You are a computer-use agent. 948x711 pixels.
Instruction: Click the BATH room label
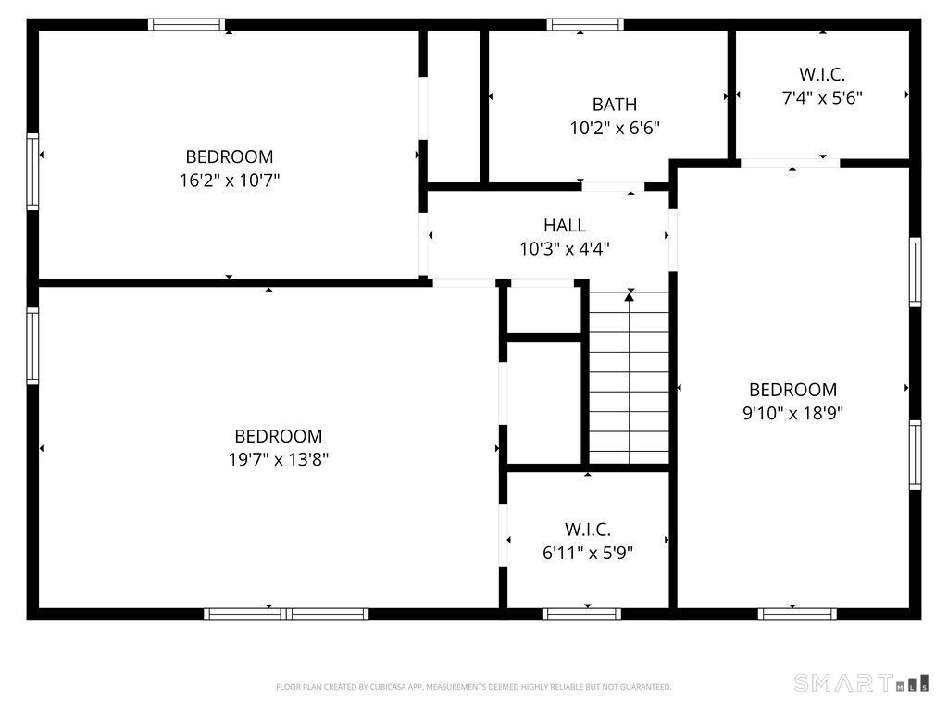click(x=615, y=105)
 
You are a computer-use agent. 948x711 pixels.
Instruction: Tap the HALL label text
click(x=565, y=225)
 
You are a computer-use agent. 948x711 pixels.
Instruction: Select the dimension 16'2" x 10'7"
click(x=230, y=180)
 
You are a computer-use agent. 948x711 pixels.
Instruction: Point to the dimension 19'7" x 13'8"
click(x=279, y=458)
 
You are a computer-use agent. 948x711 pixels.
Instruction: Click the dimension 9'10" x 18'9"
click(x=792, y=413)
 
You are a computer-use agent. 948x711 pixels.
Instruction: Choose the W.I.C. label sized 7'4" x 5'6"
click(x=822, y=74)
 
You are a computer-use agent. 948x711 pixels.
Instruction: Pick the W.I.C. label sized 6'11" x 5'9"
click(x=588, y=530)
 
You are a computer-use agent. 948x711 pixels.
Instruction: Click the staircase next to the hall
click(x=630, y=380)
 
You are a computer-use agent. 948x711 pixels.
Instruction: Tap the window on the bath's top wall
click(x=584, y=25)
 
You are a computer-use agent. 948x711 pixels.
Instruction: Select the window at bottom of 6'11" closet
click(x=581, y=614)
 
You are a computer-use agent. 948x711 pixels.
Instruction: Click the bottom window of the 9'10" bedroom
click(x=797, y=614)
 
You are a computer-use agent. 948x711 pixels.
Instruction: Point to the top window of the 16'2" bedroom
click(x=186, y=25)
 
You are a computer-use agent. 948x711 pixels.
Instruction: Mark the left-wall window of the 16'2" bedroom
click(x=32, y=171)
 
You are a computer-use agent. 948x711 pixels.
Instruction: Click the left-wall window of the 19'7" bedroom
click(x=32, y=346)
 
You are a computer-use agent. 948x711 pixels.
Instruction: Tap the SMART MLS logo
click(x=862, y=683)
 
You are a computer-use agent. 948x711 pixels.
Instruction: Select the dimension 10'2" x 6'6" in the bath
click(x=615, y=128)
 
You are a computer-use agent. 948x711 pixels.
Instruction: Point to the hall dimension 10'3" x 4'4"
click(x=565, y=248)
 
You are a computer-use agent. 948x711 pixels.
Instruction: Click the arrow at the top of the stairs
click(x=630, y=295)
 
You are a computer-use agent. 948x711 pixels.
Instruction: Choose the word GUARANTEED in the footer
click(x=646, y=687)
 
